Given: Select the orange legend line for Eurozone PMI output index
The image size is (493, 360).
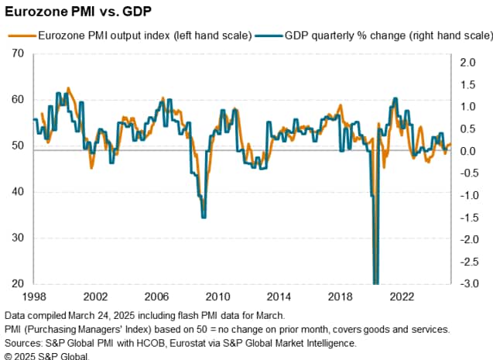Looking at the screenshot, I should click(x=20, y=35).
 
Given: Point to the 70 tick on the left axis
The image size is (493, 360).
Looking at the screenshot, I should click(x=18, y=53).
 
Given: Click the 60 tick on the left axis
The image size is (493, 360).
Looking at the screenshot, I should click(x=18, y=100).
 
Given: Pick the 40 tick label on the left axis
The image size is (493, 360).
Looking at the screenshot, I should click(x=18, y=192).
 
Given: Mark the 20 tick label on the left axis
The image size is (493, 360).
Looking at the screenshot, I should click(x=18, y=284).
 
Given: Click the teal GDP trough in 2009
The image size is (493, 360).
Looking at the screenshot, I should click(x=204, y=217).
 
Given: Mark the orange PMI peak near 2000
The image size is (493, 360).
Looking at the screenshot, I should click(x=68, y=88).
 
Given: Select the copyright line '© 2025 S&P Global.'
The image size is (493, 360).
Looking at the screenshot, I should click(x=46, y=355).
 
